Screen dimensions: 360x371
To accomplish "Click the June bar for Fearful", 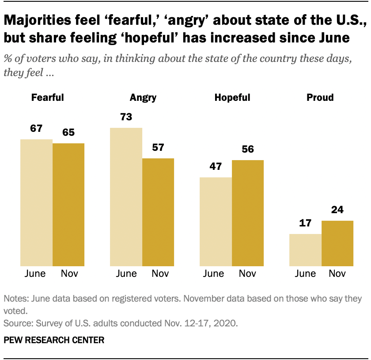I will [x=36, y=203].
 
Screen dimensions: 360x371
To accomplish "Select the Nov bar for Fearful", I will [x=68, y=204].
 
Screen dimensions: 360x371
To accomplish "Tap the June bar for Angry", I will [x=126, y=197].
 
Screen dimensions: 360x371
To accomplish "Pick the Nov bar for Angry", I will [x=158, y=212].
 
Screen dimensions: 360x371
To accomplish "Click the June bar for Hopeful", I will [x=216, y=222].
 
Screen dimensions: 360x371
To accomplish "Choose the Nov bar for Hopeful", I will [x=248, y=213].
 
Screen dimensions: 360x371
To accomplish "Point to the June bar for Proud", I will [x=305, y=250].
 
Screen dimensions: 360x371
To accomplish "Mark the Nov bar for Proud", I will [x=337, y=243].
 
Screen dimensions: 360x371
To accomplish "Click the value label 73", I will [x=126, y=117].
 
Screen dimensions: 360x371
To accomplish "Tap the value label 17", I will [x=305, y=223].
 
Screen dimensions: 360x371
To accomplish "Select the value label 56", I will [x=248, y=149].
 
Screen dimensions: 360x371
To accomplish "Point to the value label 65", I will [x=68, y=133].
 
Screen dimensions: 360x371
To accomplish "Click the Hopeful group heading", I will [x=232, y=98].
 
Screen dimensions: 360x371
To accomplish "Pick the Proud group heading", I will [x=320, y=98].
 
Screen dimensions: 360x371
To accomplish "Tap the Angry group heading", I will [x=143, y=98].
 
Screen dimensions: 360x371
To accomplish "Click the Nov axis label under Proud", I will [x=337, y=274].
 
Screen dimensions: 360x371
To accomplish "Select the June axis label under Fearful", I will [x=36, y=274].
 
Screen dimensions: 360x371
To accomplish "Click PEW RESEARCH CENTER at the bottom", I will [x=54, y=340].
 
